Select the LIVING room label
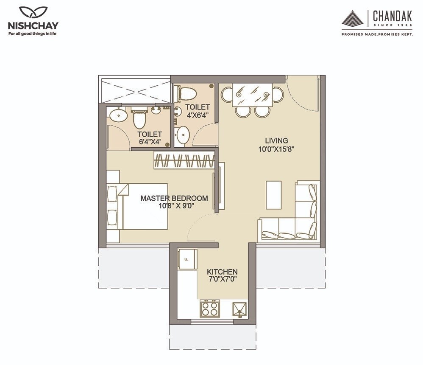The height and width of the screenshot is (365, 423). click(276, 140)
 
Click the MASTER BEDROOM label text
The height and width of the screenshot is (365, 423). click(174, 198)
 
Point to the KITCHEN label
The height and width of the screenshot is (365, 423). click(222, 272)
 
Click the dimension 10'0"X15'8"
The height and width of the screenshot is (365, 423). click(276, 149)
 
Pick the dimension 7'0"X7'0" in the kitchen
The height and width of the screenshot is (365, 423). click(222, 279)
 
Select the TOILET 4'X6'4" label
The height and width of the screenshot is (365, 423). click(197, 111)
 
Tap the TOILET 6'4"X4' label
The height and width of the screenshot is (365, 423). click(149, 138)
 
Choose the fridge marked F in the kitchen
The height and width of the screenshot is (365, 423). click(187, 258)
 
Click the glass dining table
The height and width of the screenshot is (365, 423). click(252, 95)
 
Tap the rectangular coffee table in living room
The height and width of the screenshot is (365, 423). click(273, 195)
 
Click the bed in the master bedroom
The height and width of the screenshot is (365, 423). click(142, 206)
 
